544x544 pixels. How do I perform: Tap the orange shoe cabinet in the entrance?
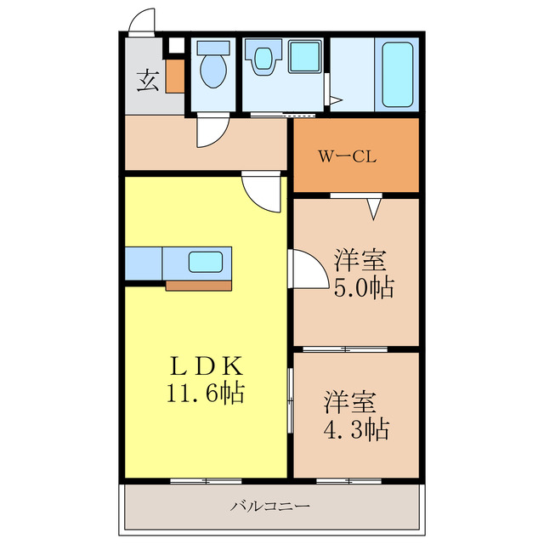pos(174,76)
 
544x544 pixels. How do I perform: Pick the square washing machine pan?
pos(303,58)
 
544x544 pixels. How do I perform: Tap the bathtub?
pos(397,74)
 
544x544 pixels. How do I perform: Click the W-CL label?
pos(348,156)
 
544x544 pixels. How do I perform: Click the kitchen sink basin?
pos(207,263)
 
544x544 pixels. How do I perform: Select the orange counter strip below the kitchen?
pos(198,285)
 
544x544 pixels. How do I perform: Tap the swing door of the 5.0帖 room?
pos(308,269)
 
